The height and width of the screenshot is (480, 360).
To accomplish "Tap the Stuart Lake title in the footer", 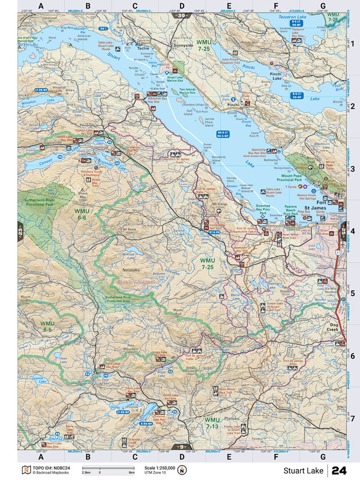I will coord(304,470).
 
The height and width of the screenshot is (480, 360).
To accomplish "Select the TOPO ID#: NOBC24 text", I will coord(50,468).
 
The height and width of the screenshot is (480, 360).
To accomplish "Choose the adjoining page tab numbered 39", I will coord(182,16).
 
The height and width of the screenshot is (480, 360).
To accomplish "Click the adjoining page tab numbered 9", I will coord(182,446).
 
